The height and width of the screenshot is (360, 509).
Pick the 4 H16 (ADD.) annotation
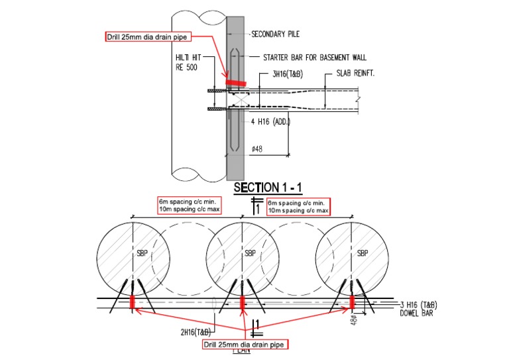270,122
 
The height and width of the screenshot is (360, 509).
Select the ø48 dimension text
259,149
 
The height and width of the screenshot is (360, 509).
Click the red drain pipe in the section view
235,84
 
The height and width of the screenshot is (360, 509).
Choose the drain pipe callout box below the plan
246,344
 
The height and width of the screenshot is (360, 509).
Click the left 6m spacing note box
188,206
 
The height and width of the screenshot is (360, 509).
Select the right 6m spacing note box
298,206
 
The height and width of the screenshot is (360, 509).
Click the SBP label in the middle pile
250,253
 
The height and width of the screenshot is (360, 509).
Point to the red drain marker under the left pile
132,302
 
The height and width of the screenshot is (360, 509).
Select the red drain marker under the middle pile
242,302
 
